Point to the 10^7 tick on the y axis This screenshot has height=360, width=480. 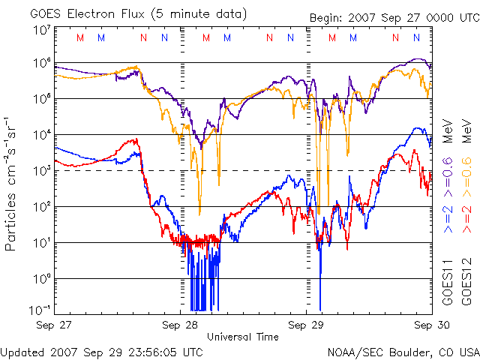tap(42, 31)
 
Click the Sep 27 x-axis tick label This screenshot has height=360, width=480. tap(53, 325)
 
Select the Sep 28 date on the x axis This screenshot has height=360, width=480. tap(180, 325)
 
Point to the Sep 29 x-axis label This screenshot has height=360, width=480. tap(307, 325)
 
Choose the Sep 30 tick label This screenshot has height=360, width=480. tap(432, 325)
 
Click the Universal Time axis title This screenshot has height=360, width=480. tap(242, 337)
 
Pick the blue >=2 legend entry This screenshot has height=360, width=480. tap(448, 218)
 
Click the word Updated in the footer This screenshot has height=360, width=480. tap(22, 351)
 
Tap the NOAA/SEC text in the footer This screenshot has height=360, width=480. tap(352, 351)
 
